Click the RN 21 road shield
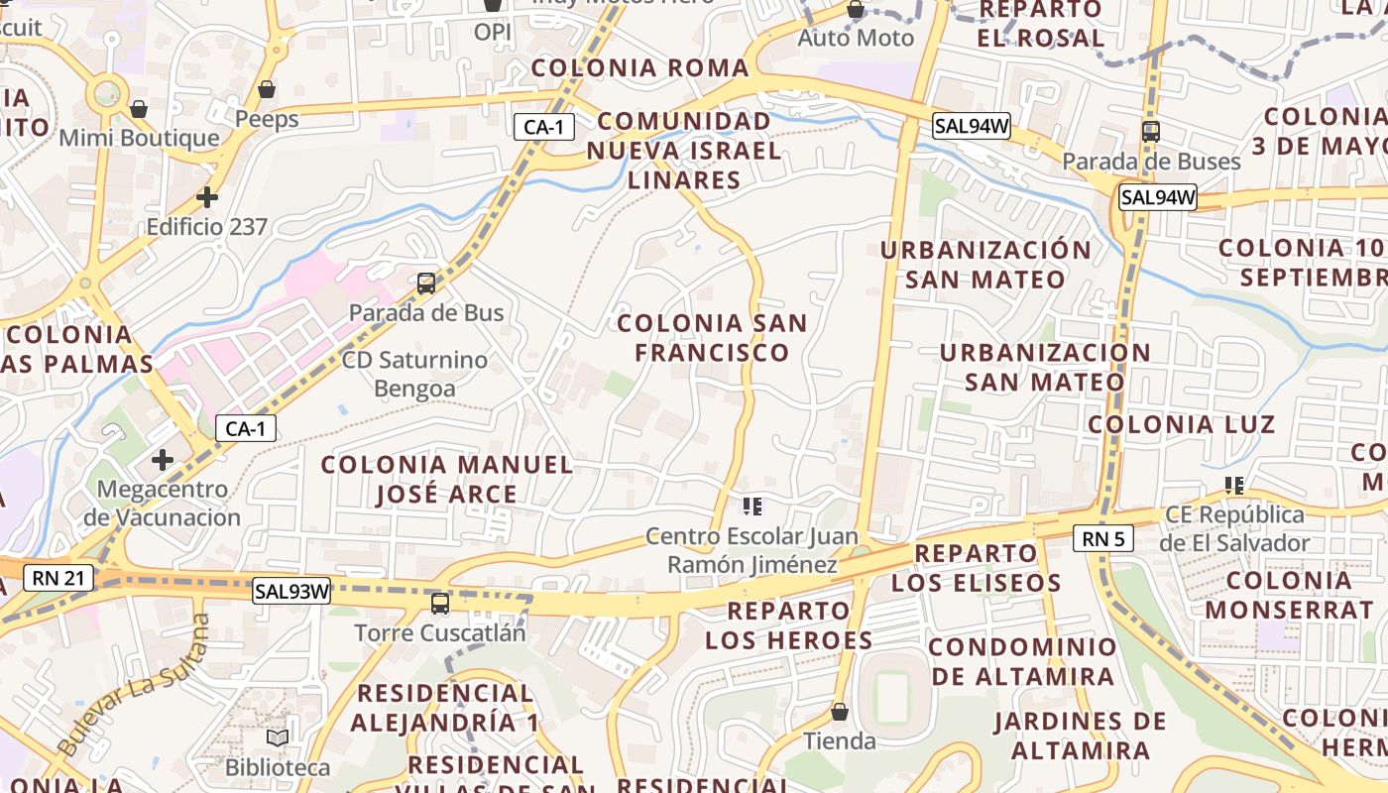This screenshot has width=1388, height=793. (x=58, y=577)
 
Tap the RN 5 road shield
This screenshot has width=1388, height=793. (x=1102, y=538)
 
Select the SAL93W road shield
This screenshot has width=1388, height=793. (x=291, y=591)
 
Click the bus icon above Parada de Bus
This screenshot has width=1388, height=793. (x=426, y=283)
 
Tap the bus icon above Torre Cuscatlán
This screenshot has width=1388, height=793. (x=440, y=603)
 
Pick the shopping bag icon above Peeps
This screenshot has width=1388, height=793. (x=267, y=90)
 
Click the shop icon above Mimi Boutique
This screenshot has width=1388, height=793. (x=139, y=108)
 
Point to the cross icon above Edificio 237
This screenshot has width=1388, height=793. (x=206, y=197)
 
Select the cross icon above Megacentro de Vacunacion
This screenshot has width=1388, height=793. (x=163, y=460)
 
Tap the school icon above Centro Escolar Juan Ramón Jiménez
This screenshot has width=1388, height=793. (x=752, y=507)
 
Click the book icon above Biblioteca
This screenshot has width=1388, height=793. (x=278, y=738)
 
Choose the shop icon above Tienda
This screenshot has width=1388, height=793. (x=840, y=712)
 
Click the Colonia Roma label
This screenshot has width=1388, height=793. (x=640, y=68)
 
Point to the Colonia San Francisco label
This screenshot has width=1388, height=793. (x=712, y=338)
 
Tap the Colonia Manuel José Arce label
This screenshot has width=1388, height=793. (x=447, y=479)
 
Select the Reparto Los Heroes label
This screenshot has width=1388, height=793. (x=789, y=625)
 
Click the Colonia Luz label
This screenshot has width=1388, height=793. (x=1181, y=425)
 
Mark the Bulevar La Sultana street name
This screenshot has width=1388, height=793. (x=134, y=684)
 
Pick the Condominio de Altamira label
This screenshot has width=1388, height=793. (x=1022, y=662)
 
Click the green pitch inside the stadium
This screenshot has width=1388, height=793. (x=892, y=696)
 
